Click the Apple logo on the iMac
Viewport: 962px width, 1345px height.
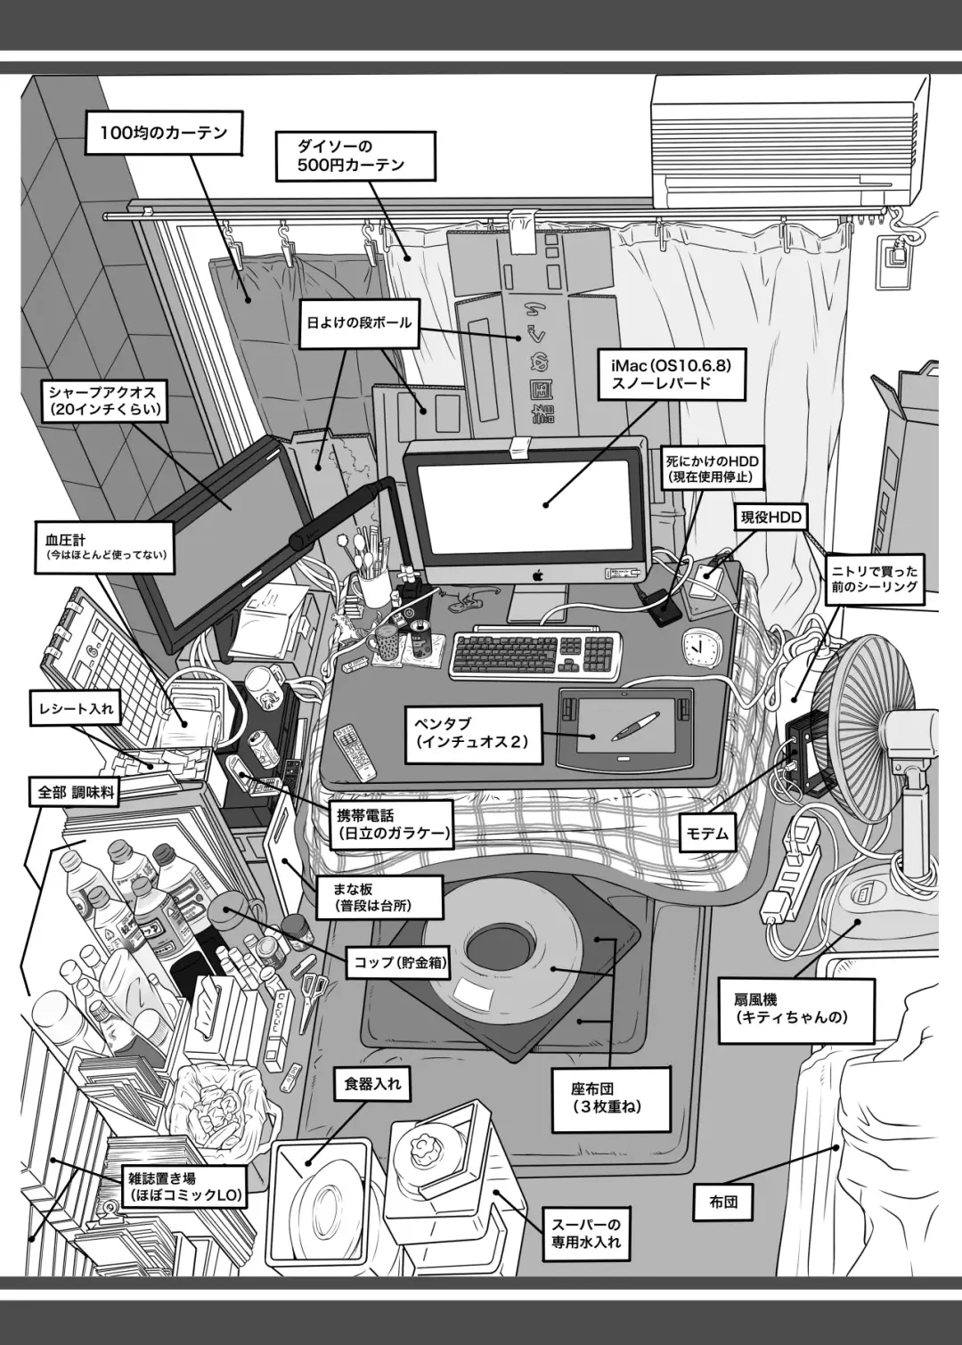pos(538,576)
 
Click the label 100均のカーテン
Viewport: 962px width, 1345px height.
pos(157,134)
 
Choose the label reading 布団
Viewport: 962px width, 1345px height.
pos(723,1202)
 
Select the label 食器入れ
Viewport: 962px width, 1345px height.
pos(372,1083)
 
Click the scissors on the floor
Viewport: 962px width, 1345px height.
pos(314,991)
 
